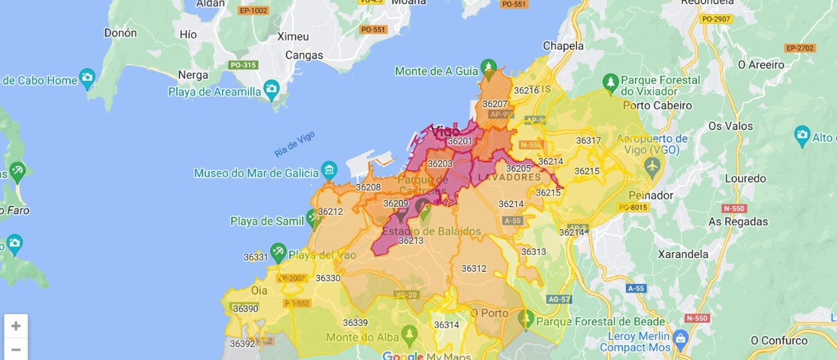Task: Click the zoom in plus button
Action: tap(16, 326)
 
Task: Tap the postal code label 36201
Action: tap(460, 141)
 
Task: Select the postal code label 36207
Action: tap(495, 104)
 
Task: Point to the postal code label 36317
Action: tap(589, 141)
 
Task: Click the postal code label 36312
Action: tap(474, 268)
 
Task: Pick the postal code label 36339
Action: tap(355, 323)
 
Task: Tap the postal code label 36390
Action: tap(245, 309)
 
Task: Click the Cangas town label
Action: tap(304, 55)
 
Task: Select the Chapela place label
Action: tap(563, 46)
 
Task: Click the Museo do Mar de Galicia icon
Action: tap(329, 171)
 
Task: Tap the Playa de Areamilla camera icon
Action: tap(272, 88)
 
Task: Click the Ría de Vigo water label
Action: tap(294, 144)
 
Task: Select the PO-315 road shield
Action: tap(243, 65)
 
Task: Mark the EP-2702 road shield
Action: tap(800, 48)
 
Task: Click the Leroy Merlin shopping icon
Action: tap(680, 337)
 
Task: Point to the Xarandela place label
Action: tap(683, 254)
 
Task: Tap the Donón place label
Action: tap(121, 33)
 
